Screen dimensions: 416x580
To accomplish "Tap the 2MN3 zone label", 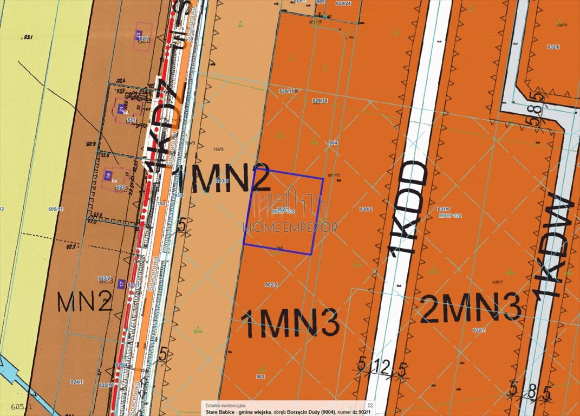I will tap(470, 309).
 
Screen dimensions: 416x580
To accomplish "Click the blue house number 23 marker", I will tap(138, 35).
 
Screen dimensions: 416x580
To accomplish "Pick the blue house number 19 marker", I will tap(108, 175).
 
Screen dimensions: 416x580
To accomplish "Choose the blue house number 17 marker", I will tap(121, 283).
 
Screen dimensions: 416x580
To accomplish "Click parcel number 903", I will tap(260, 376).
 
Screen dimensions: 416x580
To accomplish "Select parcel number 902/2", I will tap(271, 285).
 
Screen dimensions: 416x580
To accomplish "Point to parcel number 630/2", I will tap(366, 209).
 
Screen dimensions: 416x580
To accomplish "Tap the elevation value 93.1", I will tap(28, 37).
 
